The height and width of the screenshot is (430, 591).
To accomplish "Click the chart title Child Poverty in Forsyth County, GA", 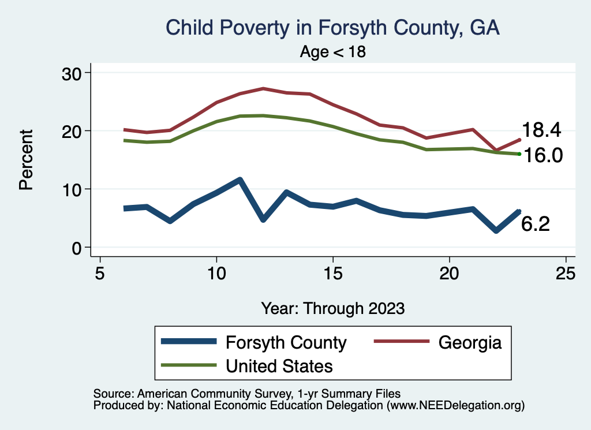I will tap(332, 28).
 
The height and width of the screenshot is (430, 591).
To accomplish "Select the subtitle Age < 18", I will tap(333, 52).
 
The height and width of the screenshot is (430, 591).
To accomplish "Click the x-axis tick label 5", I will tap(100, 273).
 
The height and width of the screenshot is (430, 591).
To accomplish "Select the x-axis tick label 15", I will tap(333, 273).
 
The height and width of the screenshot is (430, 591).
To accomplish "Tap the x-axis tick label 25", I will tap(566, 273).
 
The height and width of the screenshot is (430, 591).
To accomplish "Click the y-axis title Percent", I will tap(25, 160).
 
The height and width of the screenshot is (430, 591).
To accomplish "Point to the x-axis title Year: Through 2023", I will tap(333, 308).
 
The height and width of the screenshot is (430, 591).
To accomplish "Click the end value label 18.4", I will tap(541, 130).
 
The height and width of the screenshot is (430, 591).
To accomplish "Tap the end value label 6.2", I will tap(536, 224).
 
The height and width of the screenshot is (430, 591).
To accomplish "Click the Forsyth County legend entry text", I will tap(286, 342).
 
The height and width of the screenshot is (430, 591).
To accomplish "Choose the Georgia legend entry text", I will tap(470, 342).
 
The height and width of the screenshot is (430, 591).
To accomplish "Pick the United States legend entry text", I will tap(279, 365).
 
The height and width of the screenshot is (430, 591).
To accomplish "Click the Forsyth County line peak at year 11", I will tap(240, 180).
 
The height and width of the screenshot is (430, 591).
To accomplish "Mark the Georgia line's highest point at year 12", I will tap(263, 88).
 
